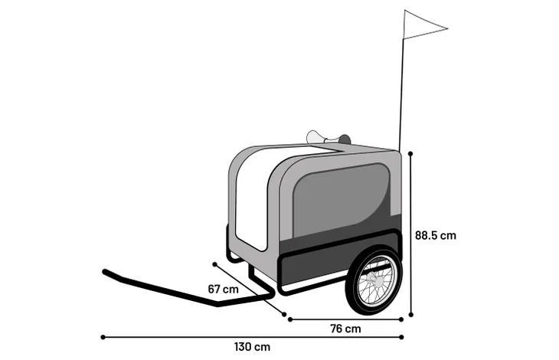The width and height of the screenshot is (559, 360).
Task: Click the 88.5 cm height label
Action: click(x=435, y=236)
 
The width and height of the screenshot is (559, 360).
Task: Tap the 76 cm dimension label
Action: click(x=345, y=329)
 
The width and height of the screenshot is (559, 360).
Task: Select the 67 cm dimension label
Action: click(x=223, y=289)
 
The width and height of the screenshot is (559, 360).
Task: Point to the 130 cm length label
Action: click(x=252, y=347)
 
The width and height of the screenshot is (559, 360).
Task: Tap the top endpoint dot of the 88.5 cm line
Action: click(x=410, y=154)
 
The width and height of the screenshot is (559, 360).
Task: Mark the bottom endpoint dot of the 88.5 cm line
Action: click(x=411, y=315)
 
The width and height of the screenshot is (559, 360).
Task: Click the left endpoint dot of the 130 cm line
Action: click(x=103, y=337)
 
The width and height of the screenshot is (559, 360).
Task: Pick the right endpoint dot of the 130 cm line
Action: click(x=402, y=337)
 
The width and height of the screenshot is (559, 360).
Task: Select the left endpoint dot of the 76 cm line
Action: click(x=290, y=319)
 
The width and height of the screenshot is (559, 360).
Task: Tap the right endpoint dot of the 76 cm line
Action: click(x=401, y=319)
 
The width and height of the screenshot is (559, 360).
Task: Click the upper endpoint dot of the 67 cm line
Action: click(x=214, y=264)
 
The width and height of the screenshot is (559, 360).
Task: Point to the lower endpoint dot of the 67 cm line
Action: click(x=284, y=314)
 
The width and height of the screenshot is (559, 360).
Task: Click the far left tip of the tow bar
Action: click(x=104, y=272)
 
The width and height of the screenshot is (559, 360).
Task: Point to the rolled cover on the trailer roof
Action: click(x=328, y=139)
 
